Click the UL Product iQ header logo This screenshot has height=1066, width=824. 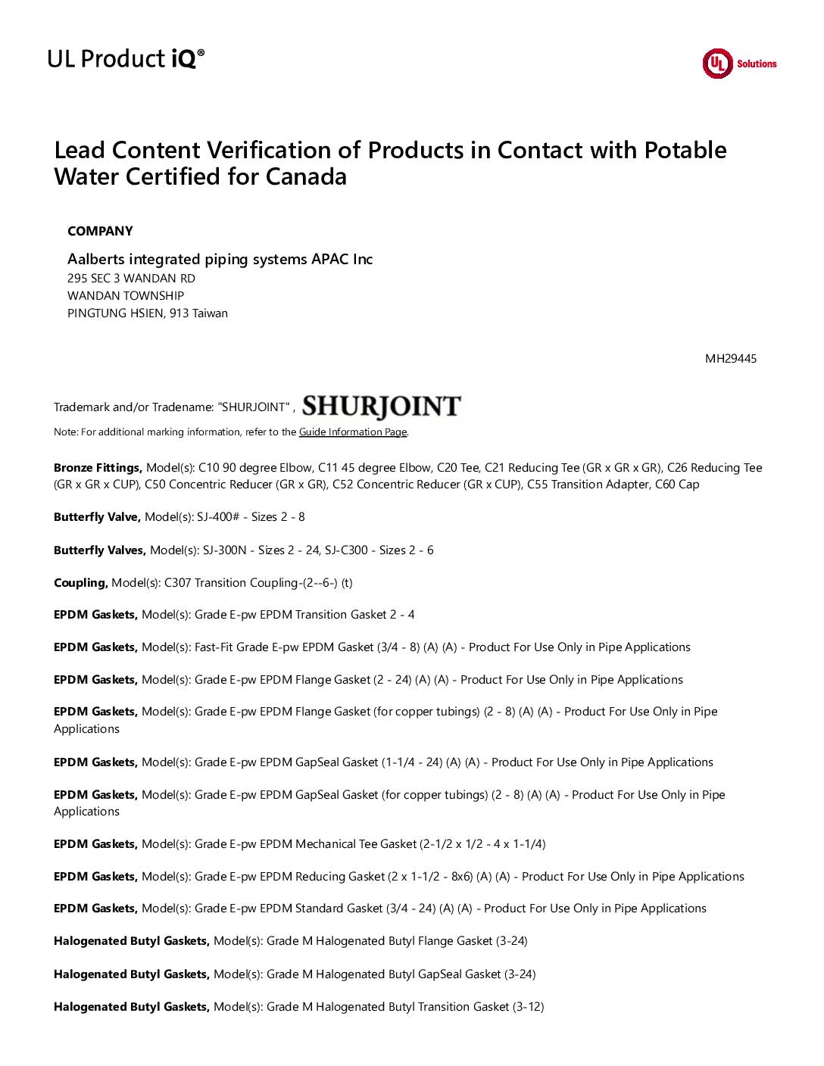(126, 58)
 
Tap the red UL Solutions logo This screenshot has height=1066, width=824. (739, 64)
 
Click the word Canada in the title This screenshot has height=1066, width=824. (306, 177)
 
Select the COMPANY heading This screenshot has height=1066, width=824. (100, 231)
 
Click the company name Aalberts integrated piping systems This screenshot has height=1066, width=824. (220, 259)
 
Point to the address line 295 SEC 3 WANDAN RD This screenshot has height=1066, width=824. (131, 279)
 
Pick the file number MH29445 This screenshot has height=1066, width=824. (730, 358)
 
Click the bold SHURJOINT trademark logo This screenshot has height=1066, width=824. (381, 407)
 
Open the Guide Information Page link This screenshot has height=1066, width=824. (353, 432)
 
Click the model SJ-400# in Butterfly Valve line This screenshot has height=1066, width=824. (220, 517)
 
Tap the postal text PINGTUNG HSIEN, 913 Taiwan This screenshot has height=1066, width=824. (148, 313)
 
